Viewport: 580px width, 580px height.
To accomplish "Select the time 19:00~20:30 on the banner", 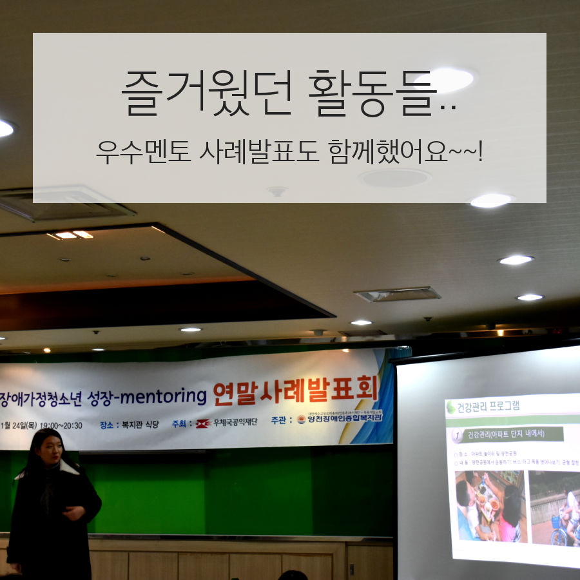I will pos(61,425).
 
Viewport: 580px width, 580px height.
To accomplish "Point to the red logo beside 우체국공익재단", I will pos(203,423).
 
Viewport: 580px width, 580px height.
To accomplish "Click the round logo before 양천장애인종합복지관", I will pos(301,420).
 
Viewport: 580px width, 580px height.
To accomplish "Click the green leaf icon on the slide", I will pos(451,407).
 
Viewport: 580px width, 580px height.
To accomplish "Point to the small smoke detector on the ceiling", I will pos(277,191).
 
